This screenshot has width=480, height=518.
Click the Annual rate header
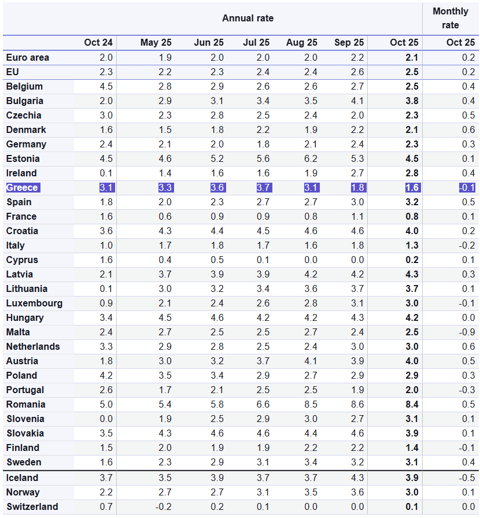(248, 18)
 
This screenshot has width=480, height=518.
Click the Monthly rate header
(451, 18)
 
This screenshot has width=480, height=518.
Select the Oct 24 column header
(98, 43)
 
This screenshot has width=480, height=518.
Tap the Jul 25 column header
(256, 43)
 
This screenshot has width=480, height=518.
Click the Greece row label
(22, 187)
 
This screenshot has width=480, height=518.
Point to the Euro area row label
(27, 57)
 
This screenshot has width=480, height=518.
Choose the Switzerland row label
(32, 506)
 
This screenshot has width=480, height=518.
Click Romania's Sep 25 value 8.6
(357, 404)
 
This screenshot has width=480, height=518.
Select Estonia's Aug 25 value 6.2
(311, 158)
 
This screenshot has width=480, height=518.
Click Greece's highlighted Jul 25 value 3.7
(263, 187)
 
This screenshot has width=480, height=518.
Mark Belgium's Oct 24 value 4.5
(106, 86)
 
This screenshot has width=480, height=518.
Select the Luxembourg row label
(34, 303)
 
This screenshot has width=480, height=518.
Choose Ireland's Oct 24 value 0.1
(106, 173)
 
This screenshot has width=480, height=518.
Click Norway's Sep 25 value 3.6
(357, 492)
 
